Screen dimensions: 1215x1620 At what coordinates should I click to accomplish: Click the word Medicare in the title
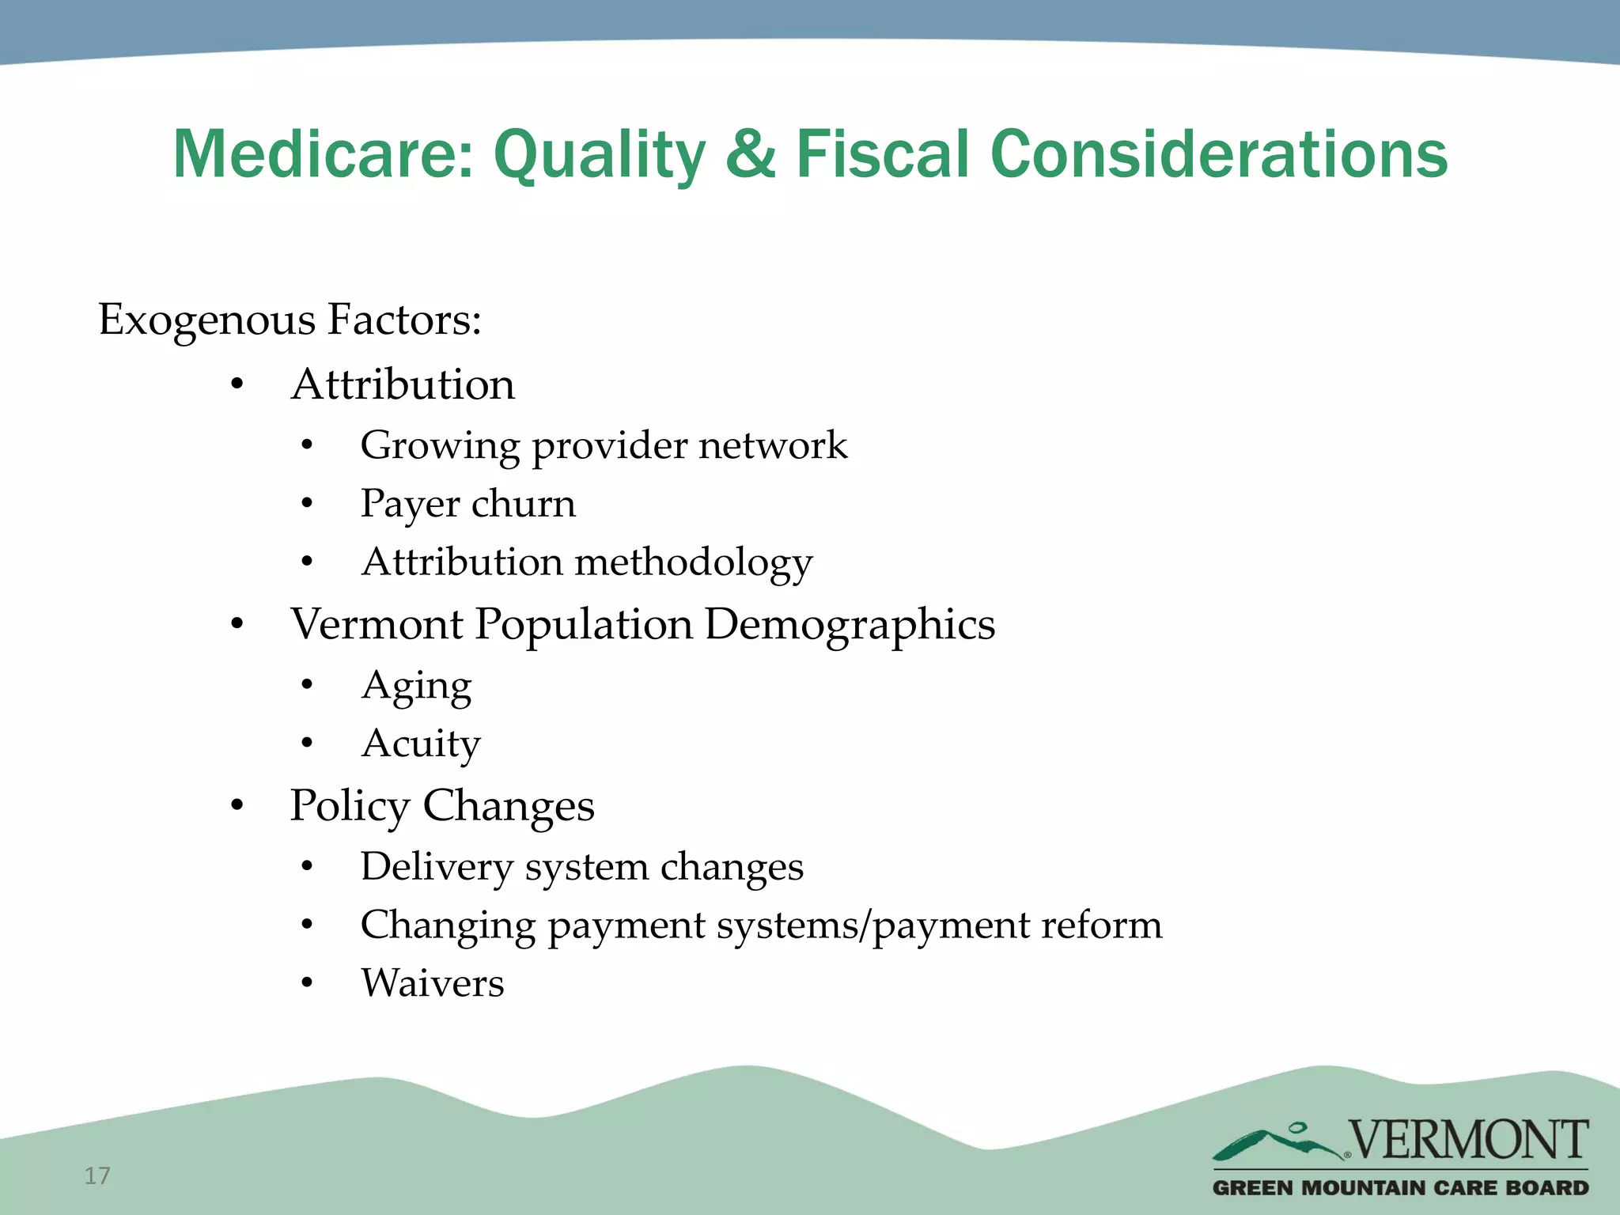pos(321,154)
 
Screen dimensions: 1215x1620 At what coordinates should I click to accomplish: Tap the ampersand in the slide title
pos(750,154)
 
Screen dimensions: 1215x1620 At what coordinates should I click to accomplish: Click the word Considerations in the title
pos(1218,154)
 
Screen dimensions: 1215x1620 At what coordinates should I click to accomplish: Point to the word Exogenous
pos(207,320)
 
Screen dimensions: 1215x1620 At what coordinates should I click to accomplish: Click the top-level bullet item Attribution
pos(403,385)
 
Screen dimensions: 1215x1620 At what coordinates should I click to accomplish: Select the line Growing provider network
pos(604,445)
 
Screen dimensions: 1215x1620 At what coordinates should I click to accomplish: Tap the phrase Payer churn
pos(467,504)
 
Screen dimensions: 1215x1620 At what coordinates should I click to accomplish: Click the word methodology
pos(694,562)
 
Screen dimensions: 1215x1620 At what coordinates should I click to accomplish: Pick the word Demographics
pos(850,625)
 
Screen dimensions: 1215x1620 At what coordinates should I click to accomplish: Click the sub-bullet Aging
pos(416,685)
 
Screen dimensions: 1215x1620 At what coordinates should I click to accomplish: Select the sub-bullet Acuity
pos(421,744)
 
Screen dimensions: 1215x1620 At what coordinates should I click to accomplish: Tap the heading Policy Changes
pos(441,806)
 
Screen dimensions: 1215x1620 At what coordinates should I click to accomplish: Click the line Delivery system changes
pos(581,867)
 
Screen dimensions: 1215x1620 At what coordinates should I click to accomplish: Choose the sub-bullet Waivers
pos(433,983)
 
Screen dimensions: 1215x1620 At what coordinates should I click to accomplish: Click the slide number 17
pos(97,1176)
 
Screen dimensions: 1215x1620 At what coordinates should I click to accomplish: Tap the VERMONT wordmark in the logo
pos(1467,1140)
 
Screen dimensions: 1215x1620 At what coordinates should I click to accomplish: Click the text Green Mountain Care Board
pos(1400,1187)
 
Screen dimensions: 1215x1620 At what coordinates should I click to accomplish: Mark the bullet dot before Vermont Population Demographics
pos(237,625)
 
